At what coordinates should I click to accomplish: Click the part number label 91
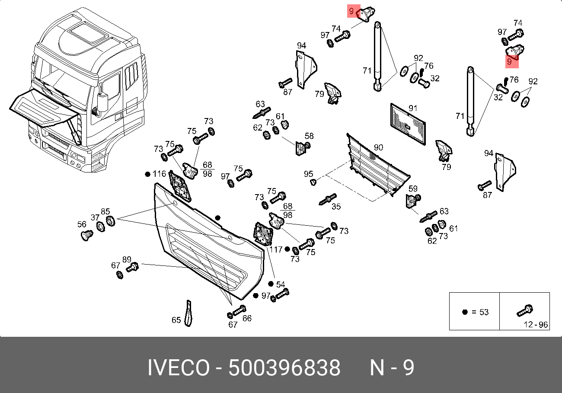click(x=412, y=108)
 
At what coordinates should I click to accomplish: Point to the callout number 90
click(x=378, y=148)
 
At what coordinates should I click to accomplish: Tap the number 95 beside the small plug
click(x=308, y=174)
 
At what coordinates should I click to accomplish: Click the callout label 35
click(x=336, y=207)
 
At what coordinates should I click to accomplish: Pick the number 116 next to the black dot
click(x=160, y=174)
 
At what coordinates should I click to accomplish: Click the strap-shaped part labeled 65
click(x=188, y=313)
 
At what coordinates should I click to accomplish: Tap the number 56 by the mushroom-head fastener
click(x=82, y=224)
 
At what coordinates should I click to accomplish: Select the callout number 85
click(x=105, y=212)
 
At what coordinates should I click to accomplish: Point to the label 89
click(x=126, y=259)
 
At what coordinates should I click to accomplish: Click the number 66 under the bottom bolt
click(x=246, y=319)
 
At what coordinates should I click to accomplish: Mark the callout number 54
click(x=281, y=284)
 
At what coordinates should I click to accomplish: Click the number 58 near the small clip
click(x=309, y=136)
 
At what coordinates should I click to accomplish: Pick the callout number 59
click(x=413, y=189)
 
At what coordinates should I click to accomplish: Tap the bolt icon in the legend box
click(x=524, y=310)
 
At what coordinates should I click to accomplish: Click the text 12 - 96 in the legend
click(x=536, y=324)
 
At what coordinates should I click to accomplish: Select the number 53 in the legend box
click(x=484, y=312)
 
